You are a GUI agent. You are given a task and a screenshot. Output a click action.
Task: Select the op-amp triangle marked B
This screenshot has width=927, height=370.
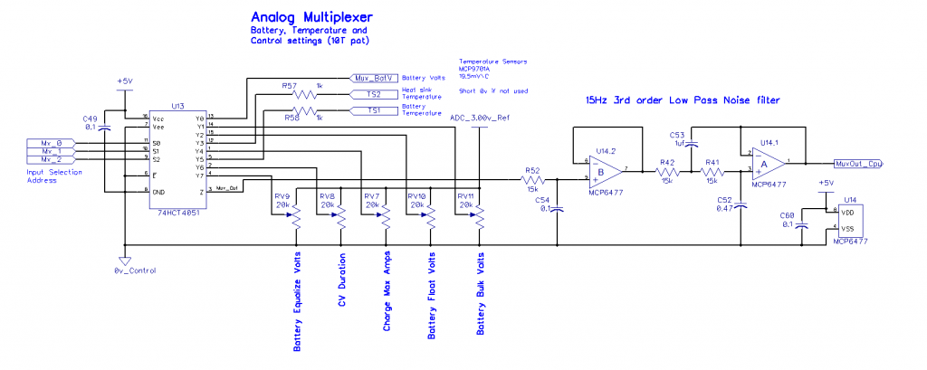[x=605, y=169]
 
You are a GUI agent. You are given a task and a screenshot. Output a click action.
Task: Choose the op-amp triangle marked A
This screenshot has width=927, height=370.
[x=766, y=163]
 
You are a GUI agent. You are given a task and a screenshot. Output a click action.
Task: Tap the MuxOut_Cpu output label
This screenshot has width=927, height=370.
[x=859, y=164]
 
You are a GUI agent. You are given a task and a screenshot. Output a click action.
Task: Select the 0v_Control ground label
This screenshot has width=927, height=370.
[x=136, y=270]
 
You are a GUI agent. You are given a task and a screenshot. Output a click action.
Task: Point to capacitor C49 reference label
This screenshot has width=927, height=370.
[x=90, y=119]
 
